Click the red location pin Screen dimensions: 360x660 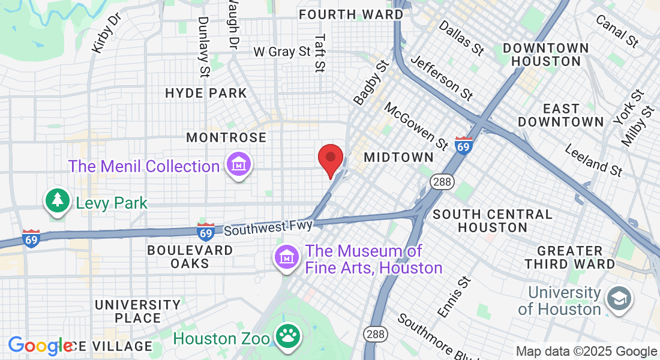[x=330, y=160]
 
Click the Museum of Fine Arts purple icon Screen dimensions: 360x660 [x=287, y=258]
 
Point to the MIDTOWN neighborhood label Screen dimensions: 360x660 [x=398, y=157]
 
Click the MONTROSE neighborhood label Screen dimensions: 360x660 [x=226, y=137]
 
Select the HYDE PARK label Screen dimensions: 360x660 [x=206, y=93]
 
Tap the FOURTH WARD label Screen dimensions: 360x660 [x=351, y=14]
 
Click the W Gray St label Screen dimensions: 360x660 [x=282, y=52]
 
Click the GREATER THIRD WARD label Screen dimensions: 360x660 [x=569, y=257]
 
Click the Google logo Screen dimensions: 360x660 [x=40, y=346]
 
